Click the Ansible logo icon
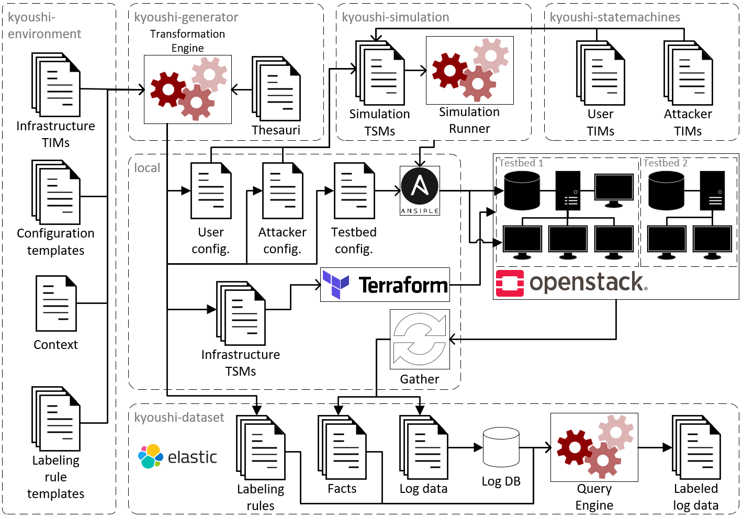click(420, 190)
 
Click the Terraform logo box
click(385, 285)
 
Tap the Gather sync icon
click(420, 339)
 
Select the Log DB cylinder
click(501, 447)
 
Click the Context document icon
click(56, 303)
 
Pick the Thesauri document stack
click(276, 88)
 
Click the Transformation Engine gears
click(188, 89)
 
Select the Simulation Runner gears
click(469, 70)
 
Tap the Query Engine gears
click(594, 447)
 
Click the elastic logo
click(177, 457)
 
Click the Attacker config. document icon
click(283, 191)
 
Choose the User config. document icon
click(211, 191)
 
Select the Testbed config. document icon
click(354, 191)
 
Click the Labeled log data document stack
click(696, 447)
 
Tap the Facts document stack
click(342, 447)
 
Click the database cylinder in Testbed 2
click(666, 191)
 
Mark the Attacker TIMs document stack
click(688, 73)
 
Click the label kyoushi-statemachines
click(615, 17)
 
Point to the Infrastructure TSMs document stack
click(241, 313)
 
